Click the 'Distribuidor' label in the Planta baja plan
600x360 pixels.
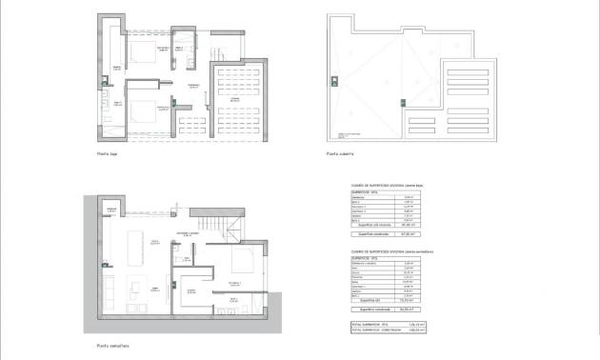(x=193, y=86)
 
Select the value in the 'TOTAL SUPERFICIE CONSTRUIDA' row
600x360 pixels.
(x=415, y=330)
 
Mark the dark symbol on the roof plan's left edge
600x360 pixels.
(x=333, y=78)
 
